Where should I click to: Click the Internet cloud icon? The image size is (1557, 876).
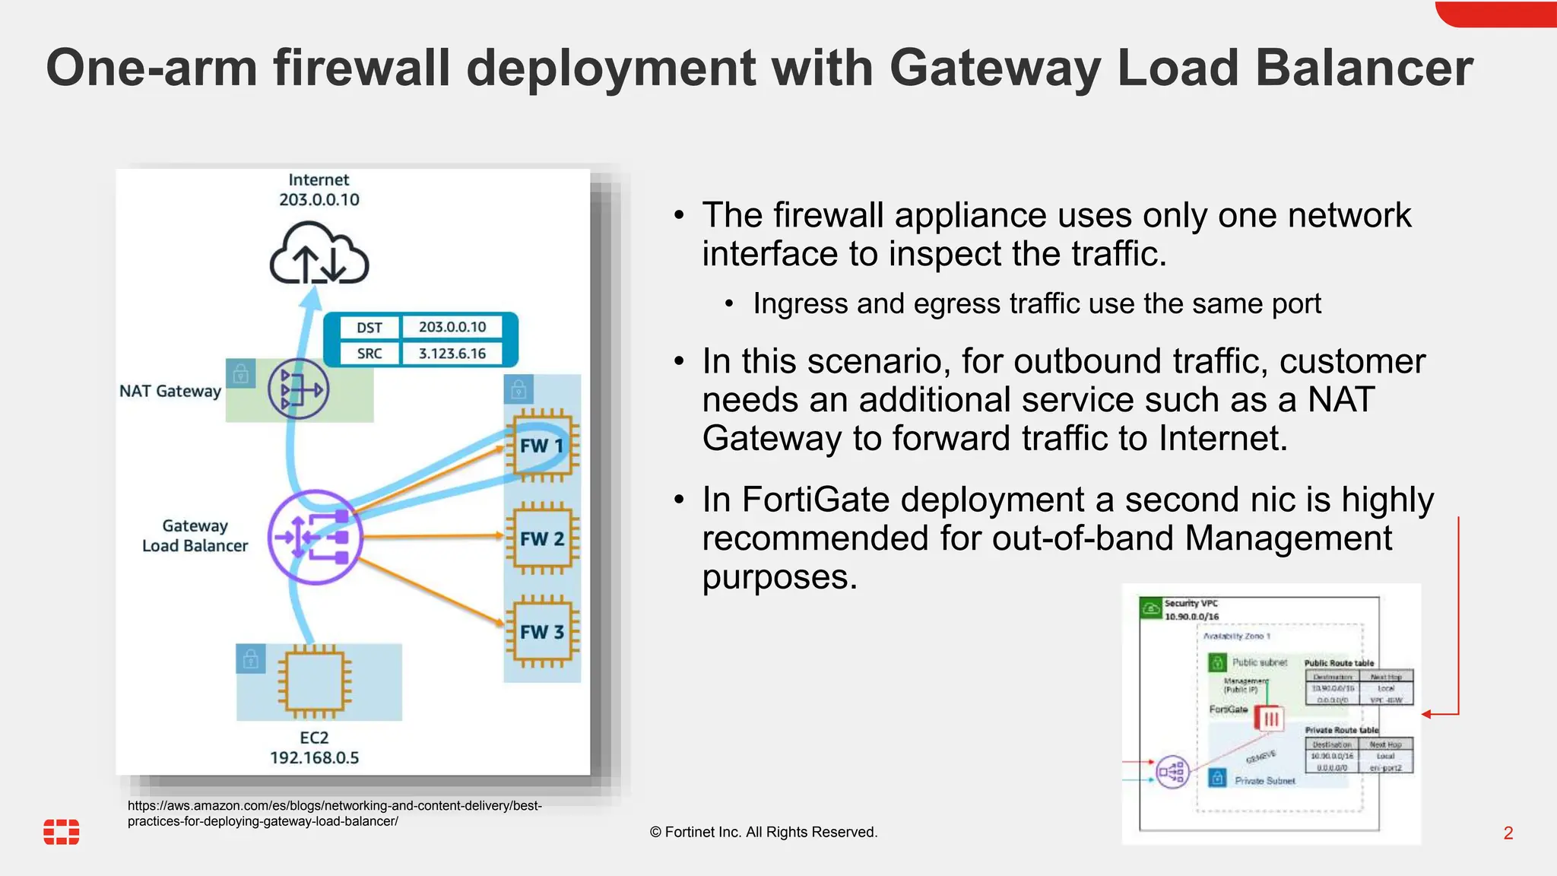click(x=319, y=255)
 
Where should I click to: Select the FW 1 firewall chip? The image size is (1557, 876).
click(x=542, y=446)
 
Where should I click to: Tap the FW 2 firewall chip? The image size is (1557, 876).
click(x=542, y=538)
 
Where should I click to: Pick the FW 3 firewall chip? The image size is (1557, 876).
click(x=542, y=632)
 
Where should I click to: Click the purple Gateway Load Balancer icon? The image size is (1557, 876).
click(x=316, y=538)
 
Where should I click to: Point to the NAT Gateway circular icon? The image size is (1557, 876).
click(x=298, y=389)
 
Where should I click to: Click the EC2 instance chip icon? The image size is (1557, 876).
click(x=314, y=682)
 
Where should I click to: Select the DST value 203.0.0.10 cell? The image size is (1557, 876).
click(x=452, y=327)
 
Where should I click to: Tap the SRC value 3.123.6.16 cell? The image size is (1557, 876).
click(x=452, y=354)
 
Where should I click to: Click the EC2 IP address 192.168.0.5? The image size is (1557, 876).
click(x=314, y=757)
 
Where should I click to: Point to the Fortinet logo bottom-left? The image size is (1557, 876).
click(x=62, y=832)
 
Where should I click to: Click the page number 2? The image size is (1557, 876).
click(x=1508, y=833)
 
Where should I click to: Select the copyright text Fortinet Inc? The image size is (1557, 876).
click(x=763, y=832)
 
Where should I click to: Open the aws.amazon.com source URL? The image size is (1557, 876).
click(x=335, y=813)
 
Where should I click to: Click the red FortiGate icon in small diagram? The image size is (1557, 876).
click(x=1270, y=718)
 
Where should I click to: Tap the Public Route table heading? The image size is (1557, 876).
click(x=1339, y=663)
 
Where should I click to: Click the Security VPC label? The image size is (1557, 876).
click(x=1191, y=603)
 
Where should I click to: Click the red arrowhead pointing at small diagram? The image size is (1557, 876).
click(x=1427, y=714)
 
